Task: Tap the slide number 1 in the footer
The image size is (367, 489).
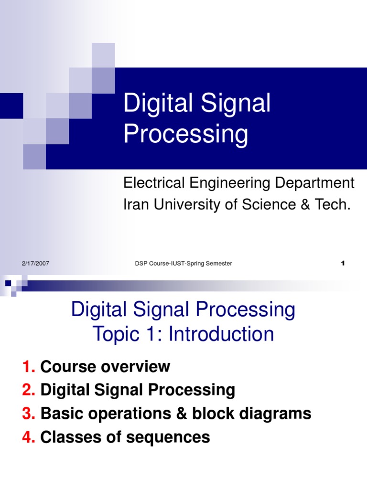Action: [x=343, y=264]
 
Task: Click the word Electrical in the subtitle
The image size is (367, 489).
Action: [x=151, y=183]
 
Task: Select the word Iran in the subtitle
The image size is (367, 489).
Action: [x=135, y=204]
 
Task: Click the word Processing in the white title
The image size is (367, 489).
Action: [x=185, y=134]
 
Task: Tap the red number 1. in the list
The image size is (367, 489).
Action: [x=29, y=367]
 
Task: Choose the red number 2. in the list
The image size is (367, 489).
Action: [x=29, y=390]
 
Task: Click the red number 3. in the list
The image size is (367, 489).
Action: [x=29, y=414]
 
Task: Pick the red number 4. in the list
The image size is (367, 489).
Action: [x=29, y=437]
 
